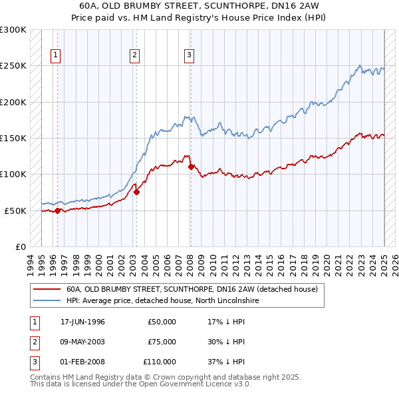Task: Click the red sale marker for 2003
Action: coord(136,192)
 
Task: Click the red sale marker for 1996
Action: coord(57,210)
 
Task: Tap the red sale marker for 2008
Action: coord(191,167)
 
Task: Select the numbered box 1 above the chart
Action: coord(55,55)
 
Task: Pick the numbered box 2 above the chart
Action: coord(134,55)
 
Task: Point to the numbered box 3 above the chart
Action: coord(189,55)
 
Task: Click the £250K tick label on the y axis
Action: coord(13,66)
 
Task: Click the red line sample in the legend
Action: coord(47,289)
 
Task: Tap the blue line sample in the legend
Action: coord(47,300)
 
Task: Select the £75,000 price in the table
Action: coord(162,342)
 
